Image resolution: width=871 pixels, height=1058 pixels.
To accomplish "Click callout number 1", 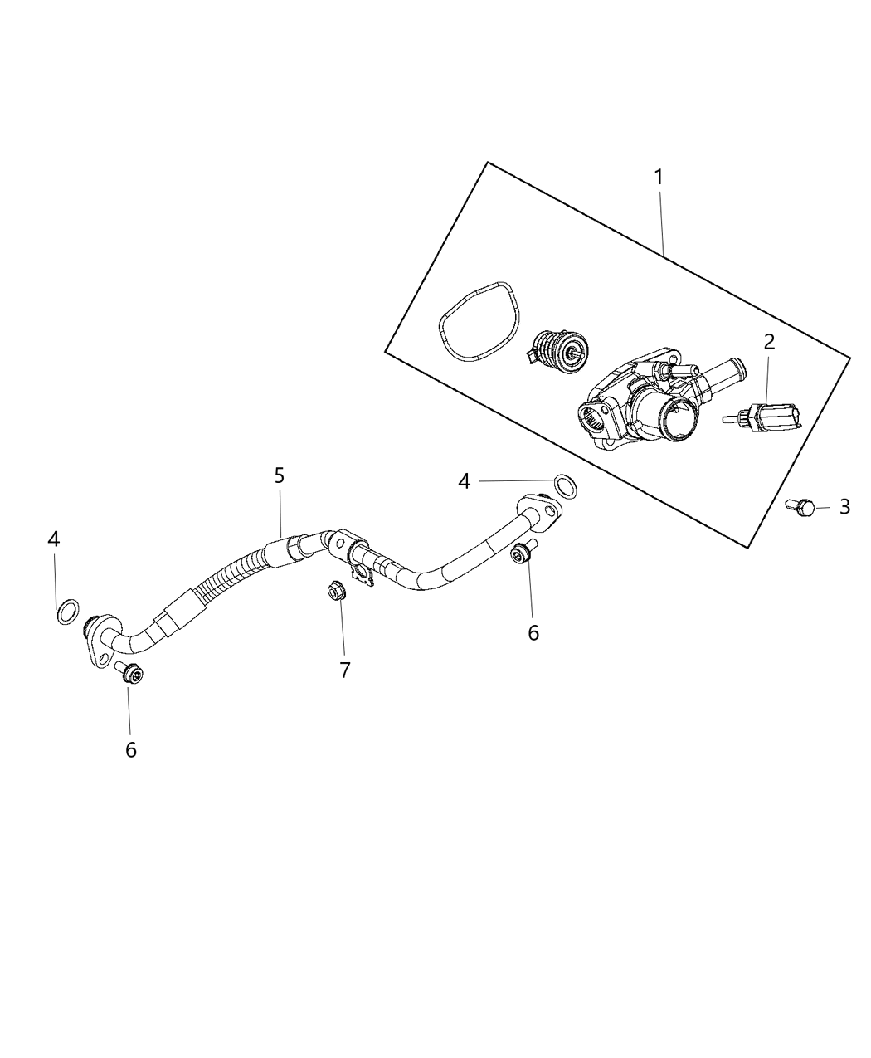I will tap(659, 178).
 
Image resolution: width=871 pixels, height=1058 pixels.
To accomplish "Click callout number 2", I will tap(769, 341).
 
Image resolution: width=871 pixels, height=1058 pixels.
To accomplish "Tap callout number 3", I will tap(844, 507).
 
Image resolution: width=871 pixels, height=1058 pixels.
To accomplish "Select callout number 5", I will tap(280, 475).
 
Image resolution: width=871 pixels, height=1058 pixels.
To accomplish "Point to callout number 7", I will tap(345, 670).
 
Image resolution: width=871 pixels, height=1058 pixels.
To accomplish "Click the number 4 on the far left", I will tap(54, 539).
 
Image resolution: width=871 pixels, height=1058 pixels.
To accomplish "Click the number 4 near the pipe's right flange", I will tap(465, 481).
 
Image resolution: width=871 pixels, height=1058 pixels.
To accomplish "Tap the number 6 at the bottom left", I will tap(131, 749).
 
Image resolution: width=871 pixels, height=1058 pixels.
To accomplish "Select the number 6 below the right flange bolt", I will tap(533, 632).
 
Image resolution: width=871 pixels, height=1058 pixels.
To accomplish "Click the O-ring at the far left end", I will tap(68, 612).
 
